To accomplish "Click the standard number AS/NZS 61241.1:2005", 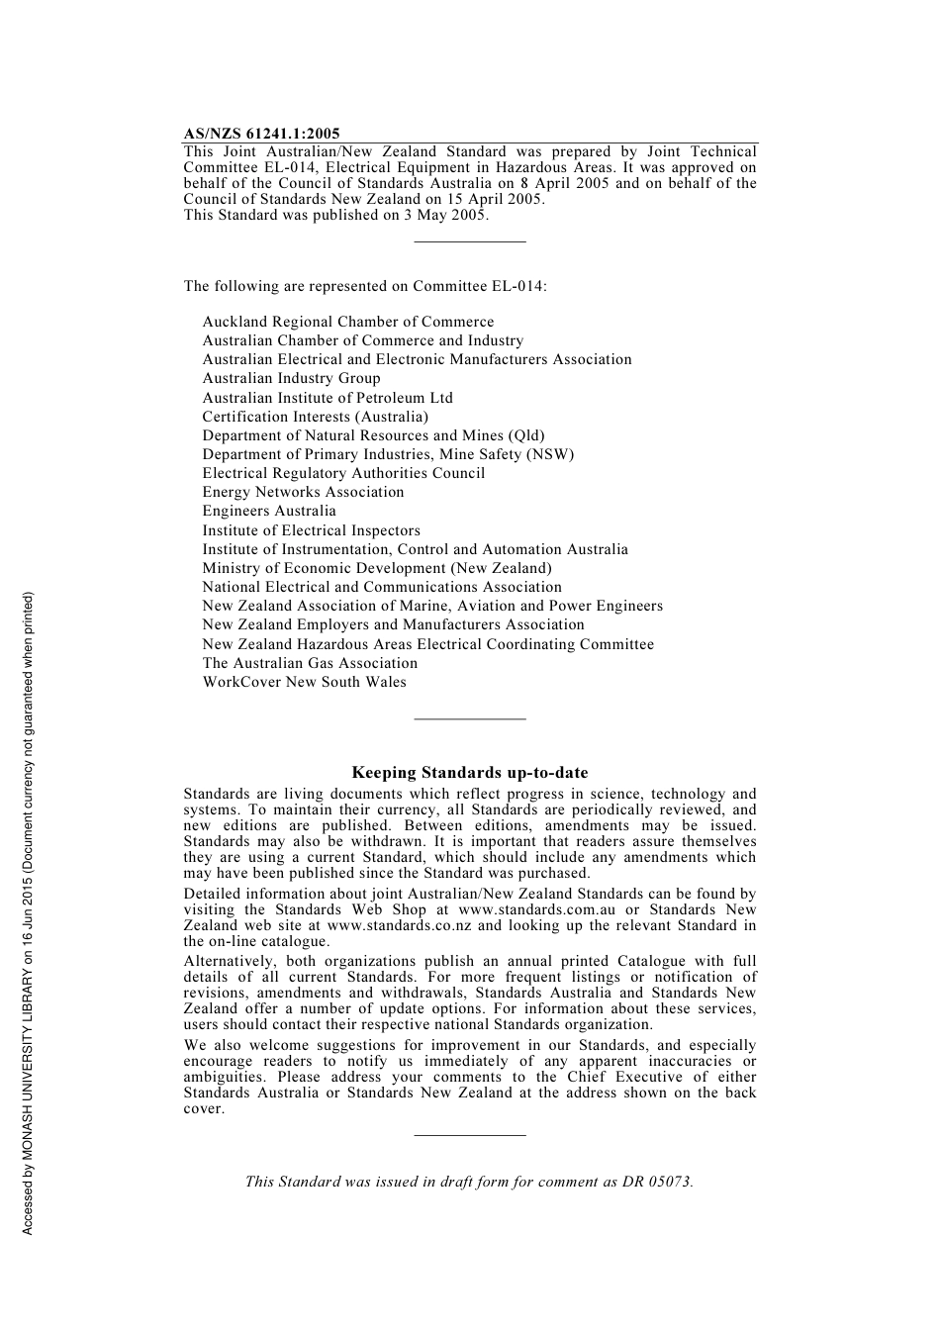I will (261, 134).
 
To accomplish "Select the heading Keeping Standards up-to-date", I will (469, 773).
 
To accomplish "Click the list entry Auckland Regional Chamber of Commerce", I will (347, 322).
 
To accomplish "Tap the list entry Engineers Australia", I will (269, 511).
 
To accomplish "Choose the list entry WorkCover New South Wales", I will (304, 682).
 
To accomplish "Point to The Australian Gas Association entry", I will (310, 663).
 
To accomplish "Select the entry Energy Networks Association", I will (303, 492).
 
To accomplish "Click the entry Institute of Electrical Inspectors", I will (311, 530).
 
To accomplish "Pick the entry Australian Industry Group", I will (291, 378).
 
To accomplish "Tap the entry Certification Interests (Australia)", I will (315, 417).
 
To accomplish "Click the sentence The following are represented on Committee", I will (364, 286).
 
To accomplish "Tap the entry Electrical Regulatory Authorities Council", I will (343, 473).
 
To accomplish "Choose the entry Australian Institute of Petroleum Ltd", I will (328, 398).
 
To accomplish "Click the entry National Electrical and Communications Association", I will (382, 587).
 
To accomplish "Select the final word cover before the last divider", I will (203, 1108).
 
